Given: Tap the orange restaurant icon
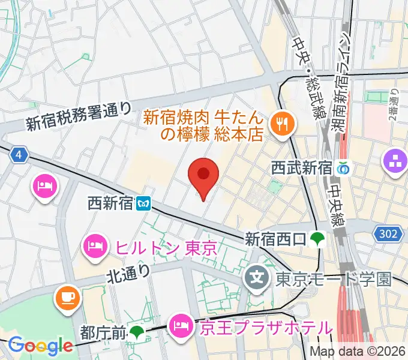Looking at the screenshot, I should (280, 124).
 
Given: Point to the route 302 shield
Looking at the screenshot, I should (388, 233).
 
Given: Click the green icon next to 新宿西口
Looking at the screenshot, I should (316, 239).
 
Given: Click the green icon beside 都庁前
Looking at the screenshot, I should (137, 331).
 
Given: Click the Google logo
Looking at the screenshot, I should (40, 345).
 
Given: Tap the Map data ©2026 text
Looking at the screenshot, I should (358, 352).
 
